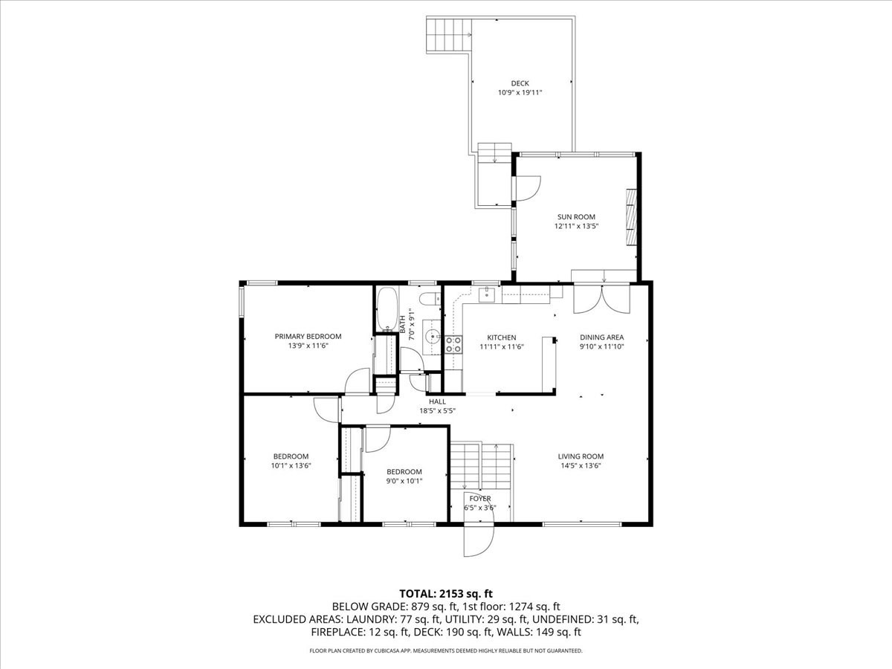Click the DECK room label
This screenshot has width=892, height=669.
tap(520, 83)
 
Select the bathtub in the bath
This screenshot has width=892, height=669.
tap(387, 309)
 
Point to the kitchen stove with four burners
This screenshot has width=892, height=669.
tap(453, 343)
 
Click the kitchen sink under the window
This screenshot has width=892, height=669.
tap(486, 296)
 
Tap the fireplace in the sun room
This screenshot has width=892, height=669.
tap(630, 217)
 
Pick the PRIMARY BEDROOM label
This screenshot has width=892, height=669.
tap(308, 337)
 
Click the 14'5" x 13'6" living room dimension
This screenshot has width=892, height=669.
tap(581, 466)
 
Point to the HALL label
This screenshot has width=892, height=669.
tap(437, 401)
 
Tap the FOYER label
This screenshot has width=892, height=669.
tap(479, 499)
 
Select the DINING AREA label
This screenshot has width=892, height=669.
tap(601, 337)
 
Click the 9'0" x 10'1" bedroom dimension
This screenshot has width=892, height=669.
tap(404, 481)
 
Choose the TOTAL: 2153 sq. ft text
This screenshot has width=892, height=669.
tap(446, 593)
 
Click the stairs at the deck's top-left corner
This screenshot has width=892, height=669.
tap(447, 35)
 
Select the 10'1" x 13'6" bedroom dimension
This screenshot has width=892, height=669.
tap(291, 466)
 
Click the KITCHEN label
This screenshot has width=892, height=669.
tap(501, 337)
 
